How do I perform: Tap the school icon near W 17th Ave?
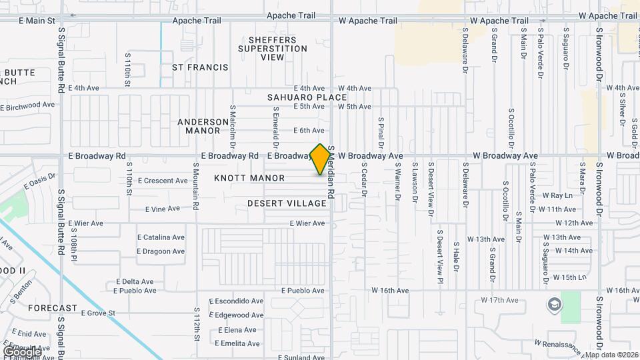[554, 305]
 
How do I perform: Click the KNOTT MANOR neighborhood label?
[249, 178]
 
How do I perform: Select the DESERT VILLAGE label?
[287, 203]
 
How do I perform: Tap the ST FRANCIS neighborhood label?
[200, 67]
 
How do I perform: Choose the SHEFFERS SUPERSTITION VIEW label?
[273, 49]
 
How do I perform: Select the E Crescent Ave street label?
[163, 181]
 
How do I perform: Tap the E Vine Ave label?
[163, 209]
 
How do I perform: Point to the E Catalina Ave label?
[161, 237]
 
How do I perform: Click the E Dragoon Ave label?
[161, 251]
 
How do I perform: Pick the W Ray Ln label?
[557, 196]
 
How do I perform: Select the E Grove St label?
[98, 313]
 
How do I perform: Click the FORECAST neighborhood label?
[53, 308]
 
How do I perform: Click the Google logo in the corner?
[21, 351]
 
